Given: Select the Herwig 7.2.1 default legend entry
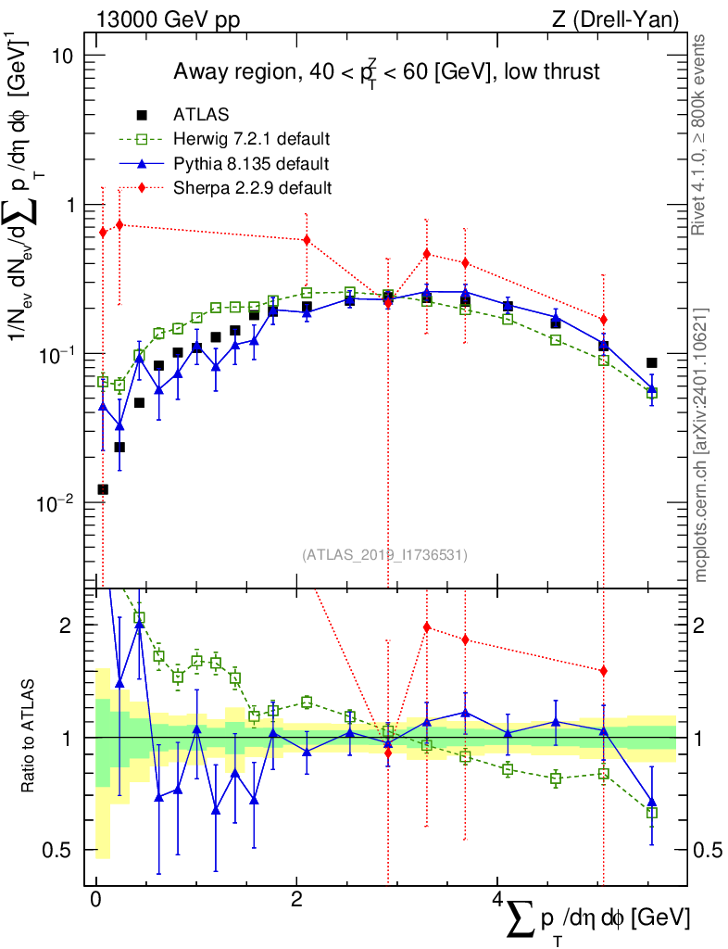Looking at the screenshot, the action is (x=224, y=139).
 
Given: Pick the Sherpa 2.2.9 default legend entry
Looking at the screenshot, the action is (x=224, y=187).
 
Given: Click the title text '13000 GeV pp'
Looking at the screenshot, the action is (x=168, y=19).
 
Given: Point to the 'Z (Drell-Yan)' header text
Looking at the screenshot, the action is (x=615, y=19).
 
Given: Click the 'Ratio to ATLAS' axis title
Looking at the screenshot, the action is (x=28, y=736).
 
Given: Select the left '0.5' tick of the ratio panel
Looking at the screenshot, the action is (x=58, y=850).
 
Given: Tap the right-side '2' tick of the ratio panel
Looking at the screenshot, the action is (x=698, y=626).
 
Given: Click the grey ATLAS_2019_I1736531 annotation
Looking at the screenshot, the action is (x=384, y=554).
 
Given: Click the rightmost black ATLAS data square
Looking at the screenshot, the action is (x=651, y=362).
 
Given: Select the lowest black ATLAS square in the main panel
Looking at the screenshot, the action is (x=103, y=489).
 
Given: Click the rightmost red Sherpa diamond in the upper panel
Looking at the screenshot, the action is (x=603, y=320).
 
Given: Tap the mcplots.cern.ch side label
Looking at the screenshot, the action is (x=699, y=446).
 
